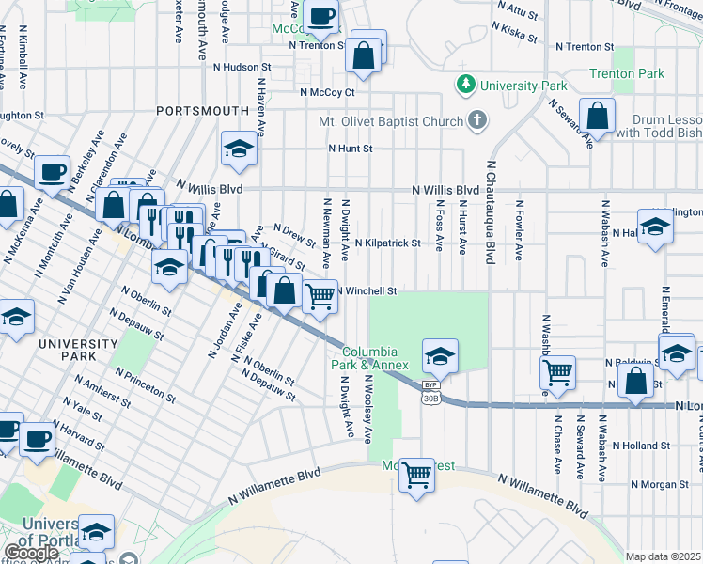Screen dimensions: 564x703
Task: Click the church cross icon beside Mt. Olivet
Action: pos(478,120)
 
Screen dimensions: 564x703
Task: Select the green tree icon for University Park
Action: pos(464,86)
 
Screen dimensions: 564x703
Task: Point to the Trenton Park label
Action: pos(627,73)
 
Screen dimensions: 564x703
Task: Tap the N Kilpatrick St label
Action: pos(387,243)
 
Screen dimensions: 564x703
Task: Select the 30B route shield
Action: pos(430,398)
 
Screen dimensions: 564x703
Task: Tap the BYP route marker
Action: pos(430,384)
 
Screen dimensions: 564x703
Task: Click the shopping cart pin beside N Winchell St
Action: pos(320,296)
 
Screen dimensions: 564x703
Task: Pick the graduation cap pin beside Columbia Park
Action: pos(439,356)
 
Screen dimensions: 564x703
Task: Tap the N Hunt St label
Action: pos(351,149)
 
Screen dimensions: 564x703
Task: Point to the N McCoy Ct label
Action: pos(327,92)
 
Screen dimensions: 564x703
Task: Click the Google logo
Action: pos(31,553)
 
